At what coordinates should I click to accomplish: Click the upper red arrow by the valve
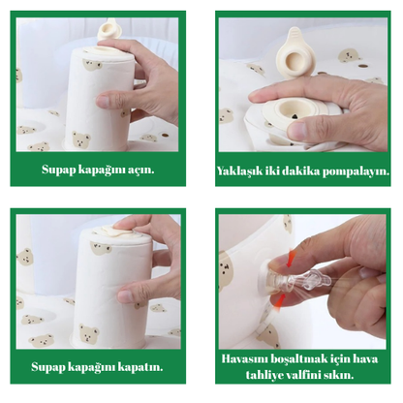click(x=291, y=257)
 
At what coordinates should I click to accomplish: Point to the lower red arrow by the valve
click(x=280, y=300)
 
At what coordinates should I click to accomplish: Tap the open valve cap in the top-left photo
click(x=109, y=30)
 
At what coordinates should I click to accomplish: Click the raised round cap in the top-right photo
click(x=294, y=54)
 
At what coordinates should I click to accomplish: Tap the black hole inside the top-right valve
click(x=294, y=115)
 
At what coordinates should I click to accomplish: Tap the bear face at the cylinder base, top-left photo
click(x=80, y=139)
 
